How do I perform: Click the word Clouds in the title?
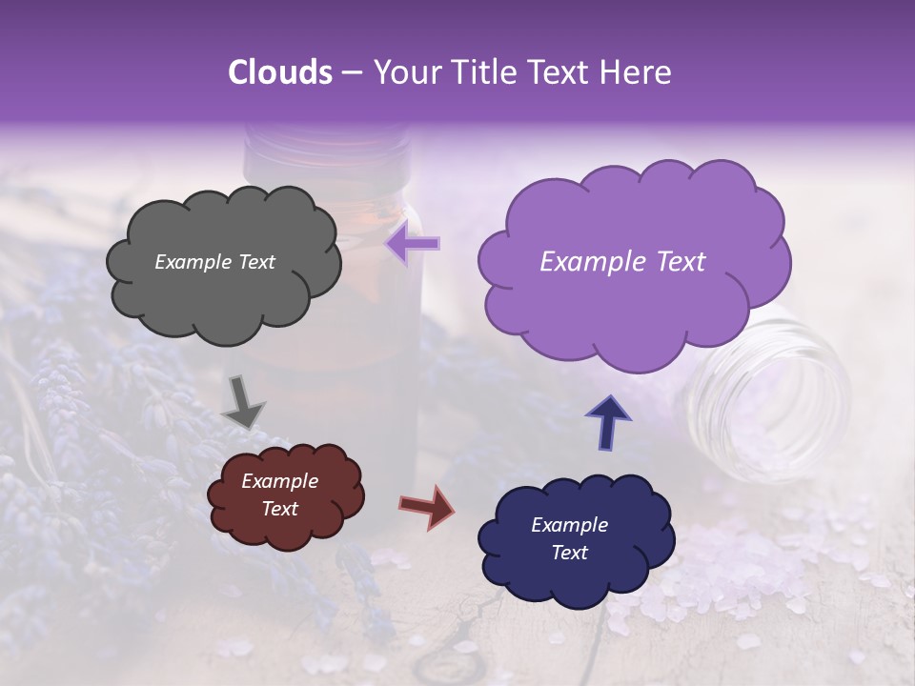[280, 72]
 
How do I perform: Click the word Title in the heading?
[483, 72]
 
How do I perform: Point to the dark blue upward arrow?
[607, 422]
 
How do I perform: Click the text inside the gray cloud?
[214, 262]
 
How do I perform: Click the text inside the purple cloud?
[622, 262]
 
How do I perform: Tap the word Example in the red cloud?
[279, 481]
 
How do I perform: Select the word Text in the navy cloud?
[569, 553]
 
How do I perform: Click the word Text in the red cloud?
[279, 509]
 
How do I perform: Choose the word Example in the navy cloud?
[569, 525]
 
